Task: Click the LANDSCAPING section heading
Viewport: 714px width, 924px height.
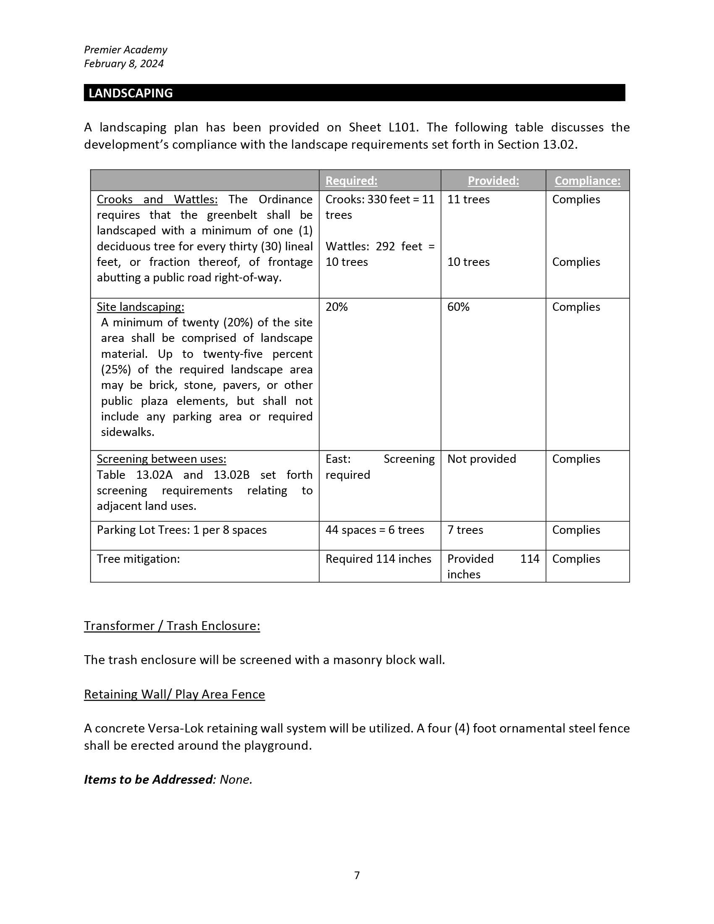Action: (x=131, y=93)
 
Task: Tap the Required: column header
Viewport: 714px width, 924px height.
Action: (x=351, y=181)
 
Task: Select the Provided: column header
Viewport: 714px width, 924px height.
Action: (x=493, y=181)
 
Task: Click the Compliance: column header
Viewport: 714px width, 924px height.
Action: (x=588, y=181)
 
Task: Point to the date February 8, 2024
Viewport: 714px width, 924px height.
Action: (x=123, y=63)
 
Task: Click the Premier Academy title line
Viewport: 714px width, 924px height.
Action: (x=126, y=50)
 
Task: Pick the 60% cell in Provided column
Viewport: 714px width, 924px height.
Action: (x=459, y=307)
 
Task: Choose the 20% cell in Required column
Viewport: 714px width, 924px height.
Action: (x=337, y=307)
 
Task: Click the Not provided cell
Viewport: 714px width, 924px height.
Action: (x=481, y=459)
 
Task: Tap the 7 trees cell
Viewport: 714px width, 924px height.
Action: (x=465, y=530)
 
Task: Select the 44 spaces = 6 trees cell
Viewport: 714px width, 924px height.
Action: (x=374, y=530)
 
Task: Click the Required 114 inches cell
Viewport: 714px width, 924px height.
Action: (x=378, y=559)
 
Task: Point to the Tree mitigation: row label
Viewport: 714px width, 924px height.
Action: (x=138, y=559)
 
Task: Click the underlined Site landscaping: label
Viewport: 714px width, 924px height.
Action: (x=140, y=307)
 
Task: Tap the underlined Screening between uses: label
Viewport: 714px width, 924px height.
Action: (x=161, y=459)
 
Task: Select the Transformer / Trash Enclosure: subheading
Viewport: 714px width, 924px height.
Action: (x=172, y=626)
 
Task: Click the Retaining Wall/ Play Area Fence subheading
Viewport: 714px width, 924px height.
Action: (x=174, y=694)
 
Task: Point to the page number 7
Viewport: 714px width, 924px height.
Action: (x=357, y=875)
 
